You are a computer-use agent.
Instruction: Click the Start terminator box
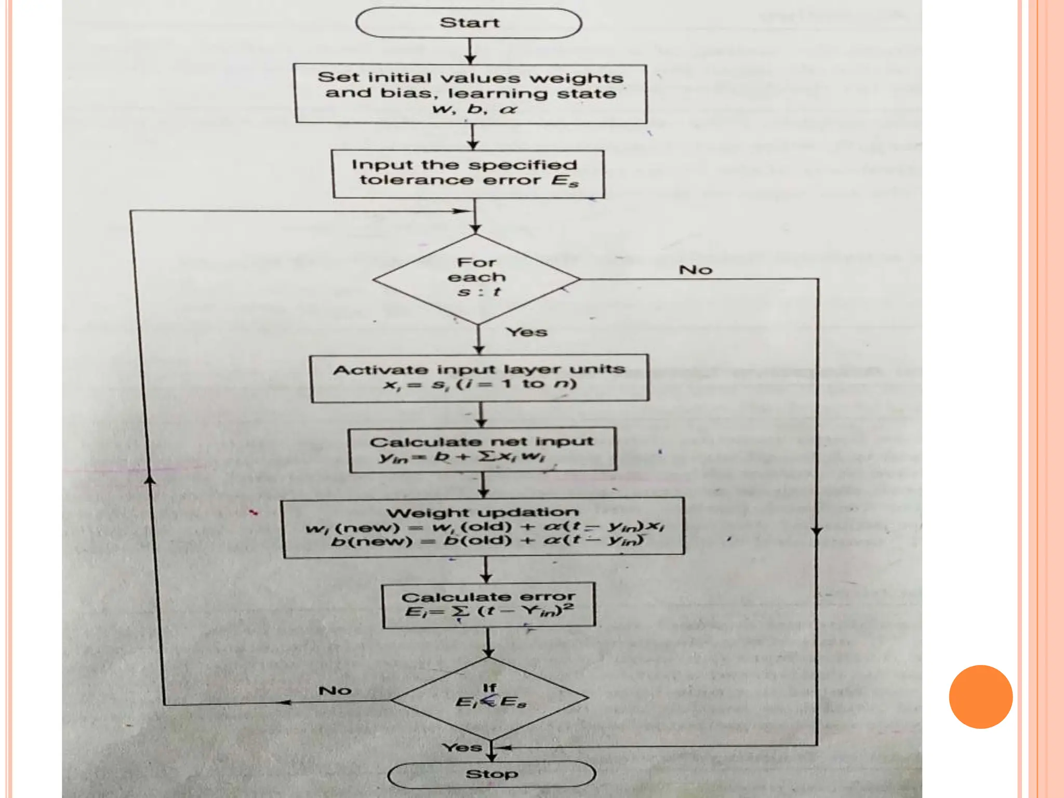pyautogui.click(x=469, y=23)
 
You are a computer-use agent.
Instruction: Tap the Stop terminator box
pyautogui.click(x=491, y=775)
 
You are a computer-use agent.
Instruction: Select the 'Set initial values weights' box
pyautogui.click(x=471, y=94)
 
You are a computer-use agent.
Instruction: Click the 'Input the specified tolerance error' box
pyautogui.click(x=468, y=174)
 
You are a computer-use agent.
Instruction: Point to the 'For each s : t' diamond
pyautogui.click(x=477, y=279)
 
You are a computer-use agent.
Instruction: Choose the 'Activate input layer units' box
pyautogui.click(x=480, y=378)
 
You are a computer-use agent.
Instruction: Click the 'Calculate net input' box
pyautogui.click(x=483, y=450)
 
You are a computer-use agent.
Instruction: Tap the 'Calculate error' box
pyautogui.click(x=488, y=605)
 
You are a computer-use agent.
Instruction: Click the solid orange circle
pyautogui.click(x=980, y=697)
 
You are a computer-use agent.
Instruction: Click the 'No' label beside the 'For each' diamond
pyautogui.click(x=695, y=270)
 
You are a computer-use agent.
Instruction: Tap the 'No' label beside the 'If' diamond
pyautogui.click(x=335, y=690)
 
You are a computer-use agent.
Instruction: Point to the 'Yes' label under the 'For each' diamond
pyautogui.click(x=527, y=332)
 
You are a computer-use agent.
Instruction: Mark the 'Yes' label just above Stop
pyautogui.click(x=462, y=748)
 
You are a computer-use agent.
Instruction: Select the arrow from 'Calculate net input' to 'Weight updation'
pyautogui.click(x=484, y=485)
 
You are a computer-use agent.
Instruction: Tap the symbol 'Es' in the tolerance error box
pyautogui.click(x=565, y=181)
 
